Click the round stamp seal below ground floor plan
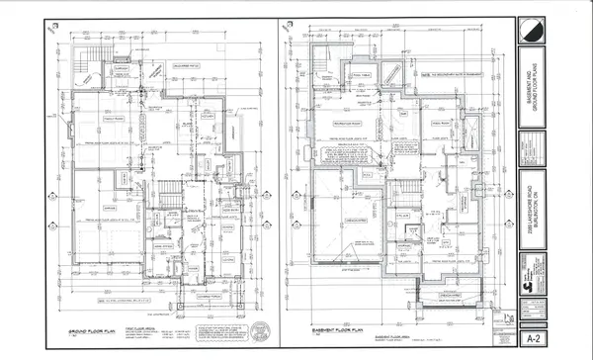(259, 329)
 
